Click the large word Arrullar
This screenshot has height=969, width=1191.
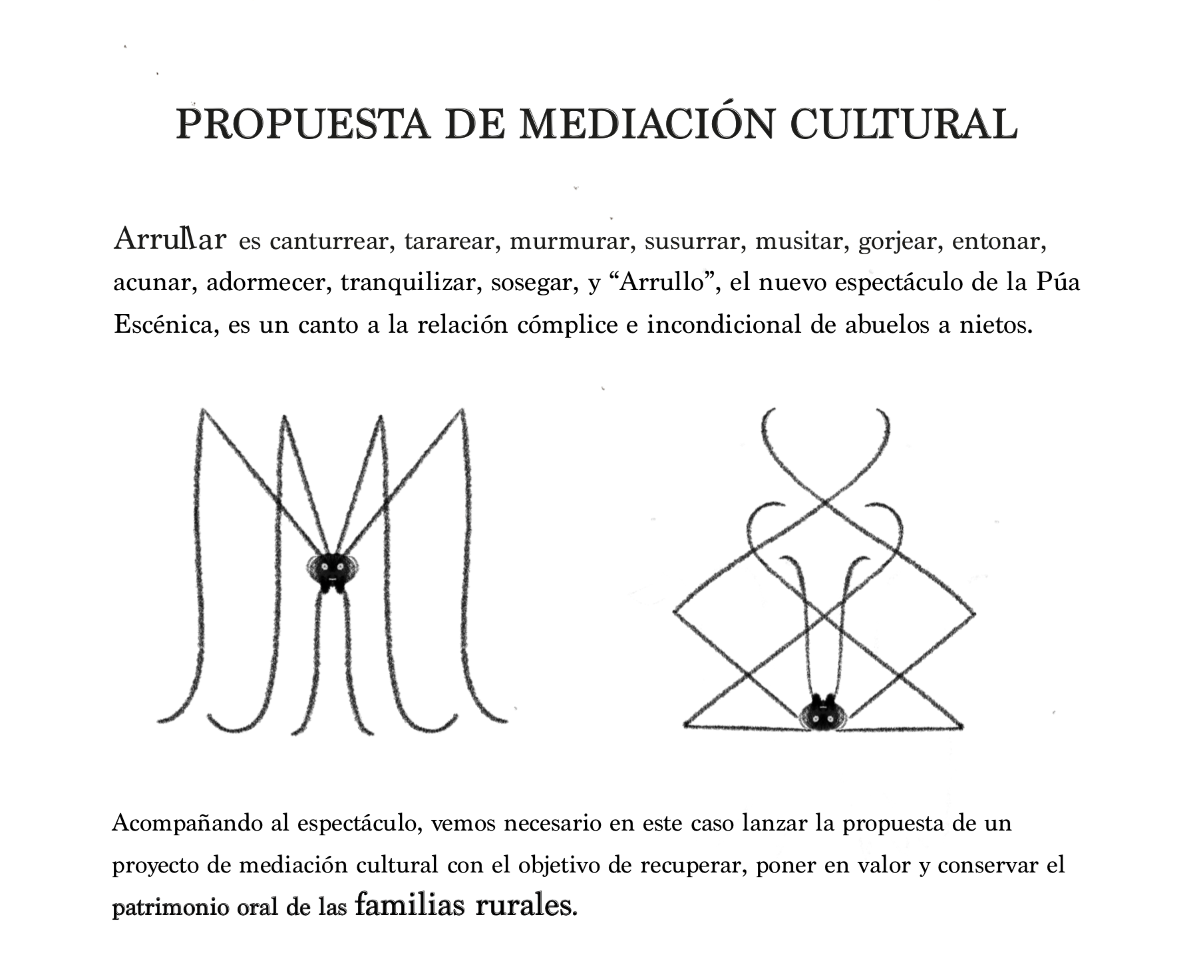(x=170, y=239)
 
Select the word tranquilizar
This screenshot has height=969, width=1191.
(x=410, y=284)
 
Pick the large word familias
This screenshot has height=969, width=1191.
(x=410, y=905)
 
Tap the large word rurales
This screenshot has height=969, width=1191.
(x=524, y=905)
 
